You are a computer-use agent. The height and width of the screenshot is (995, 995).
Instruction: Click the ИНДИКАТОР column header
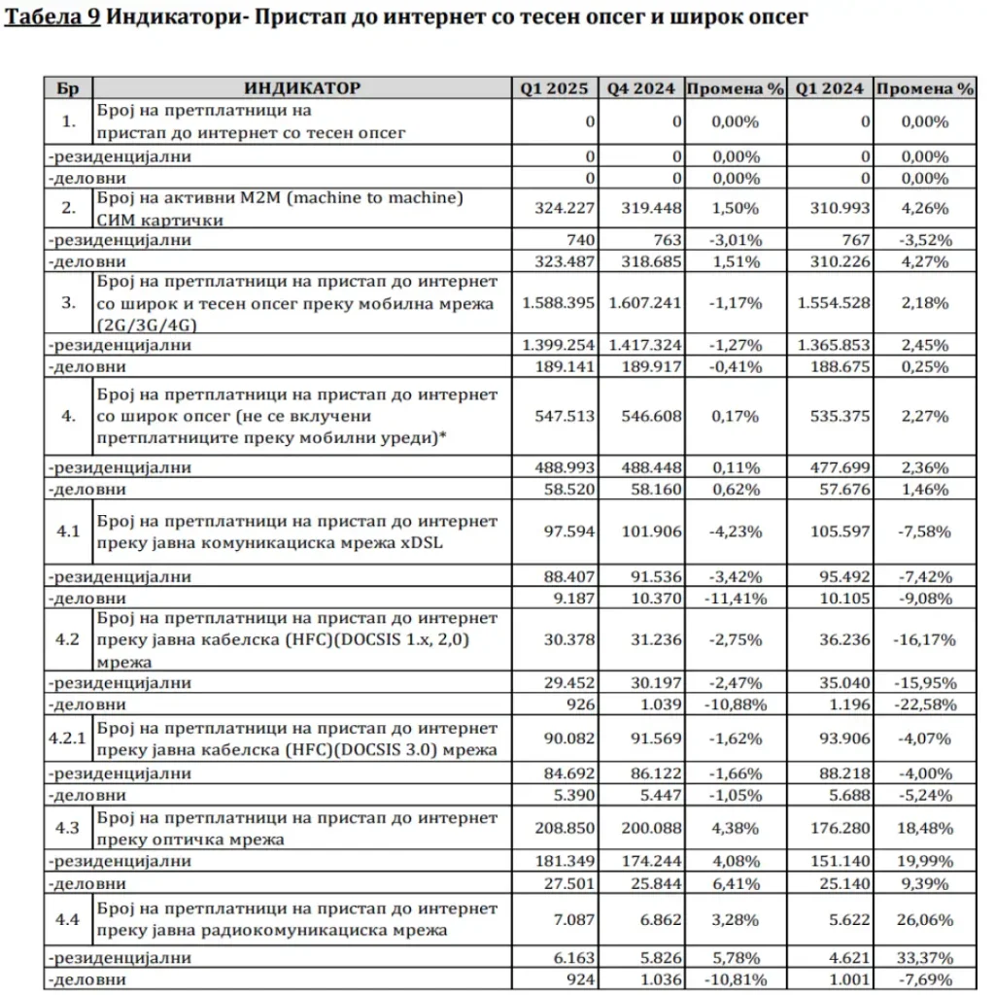click(302, 88)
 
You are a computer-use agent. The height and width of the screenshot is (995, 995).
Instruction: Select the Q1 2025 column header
click(554, 88)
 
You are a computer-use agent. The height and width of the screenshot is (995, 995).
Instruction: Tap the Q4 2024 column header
click(641, 88)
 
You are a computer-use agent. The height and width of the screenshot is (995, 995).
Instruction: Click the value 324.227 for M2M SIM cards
click(561, 207)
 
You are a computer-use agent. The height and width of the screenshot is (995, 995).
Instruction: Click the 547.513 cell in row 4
click(561, 416)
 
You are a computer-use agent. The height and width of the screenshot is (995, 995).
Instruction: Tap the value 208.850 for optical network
click(561, 827)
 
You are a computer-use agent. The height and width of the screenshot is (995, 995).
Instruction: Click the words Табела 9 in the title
click(52, 18)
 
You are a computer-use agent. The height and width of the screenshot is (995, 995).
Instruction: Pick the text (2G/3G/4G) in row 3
click(137, 324)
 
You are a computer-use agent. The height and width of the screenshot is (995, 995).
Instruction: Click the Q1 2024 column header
click(829, 88)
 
